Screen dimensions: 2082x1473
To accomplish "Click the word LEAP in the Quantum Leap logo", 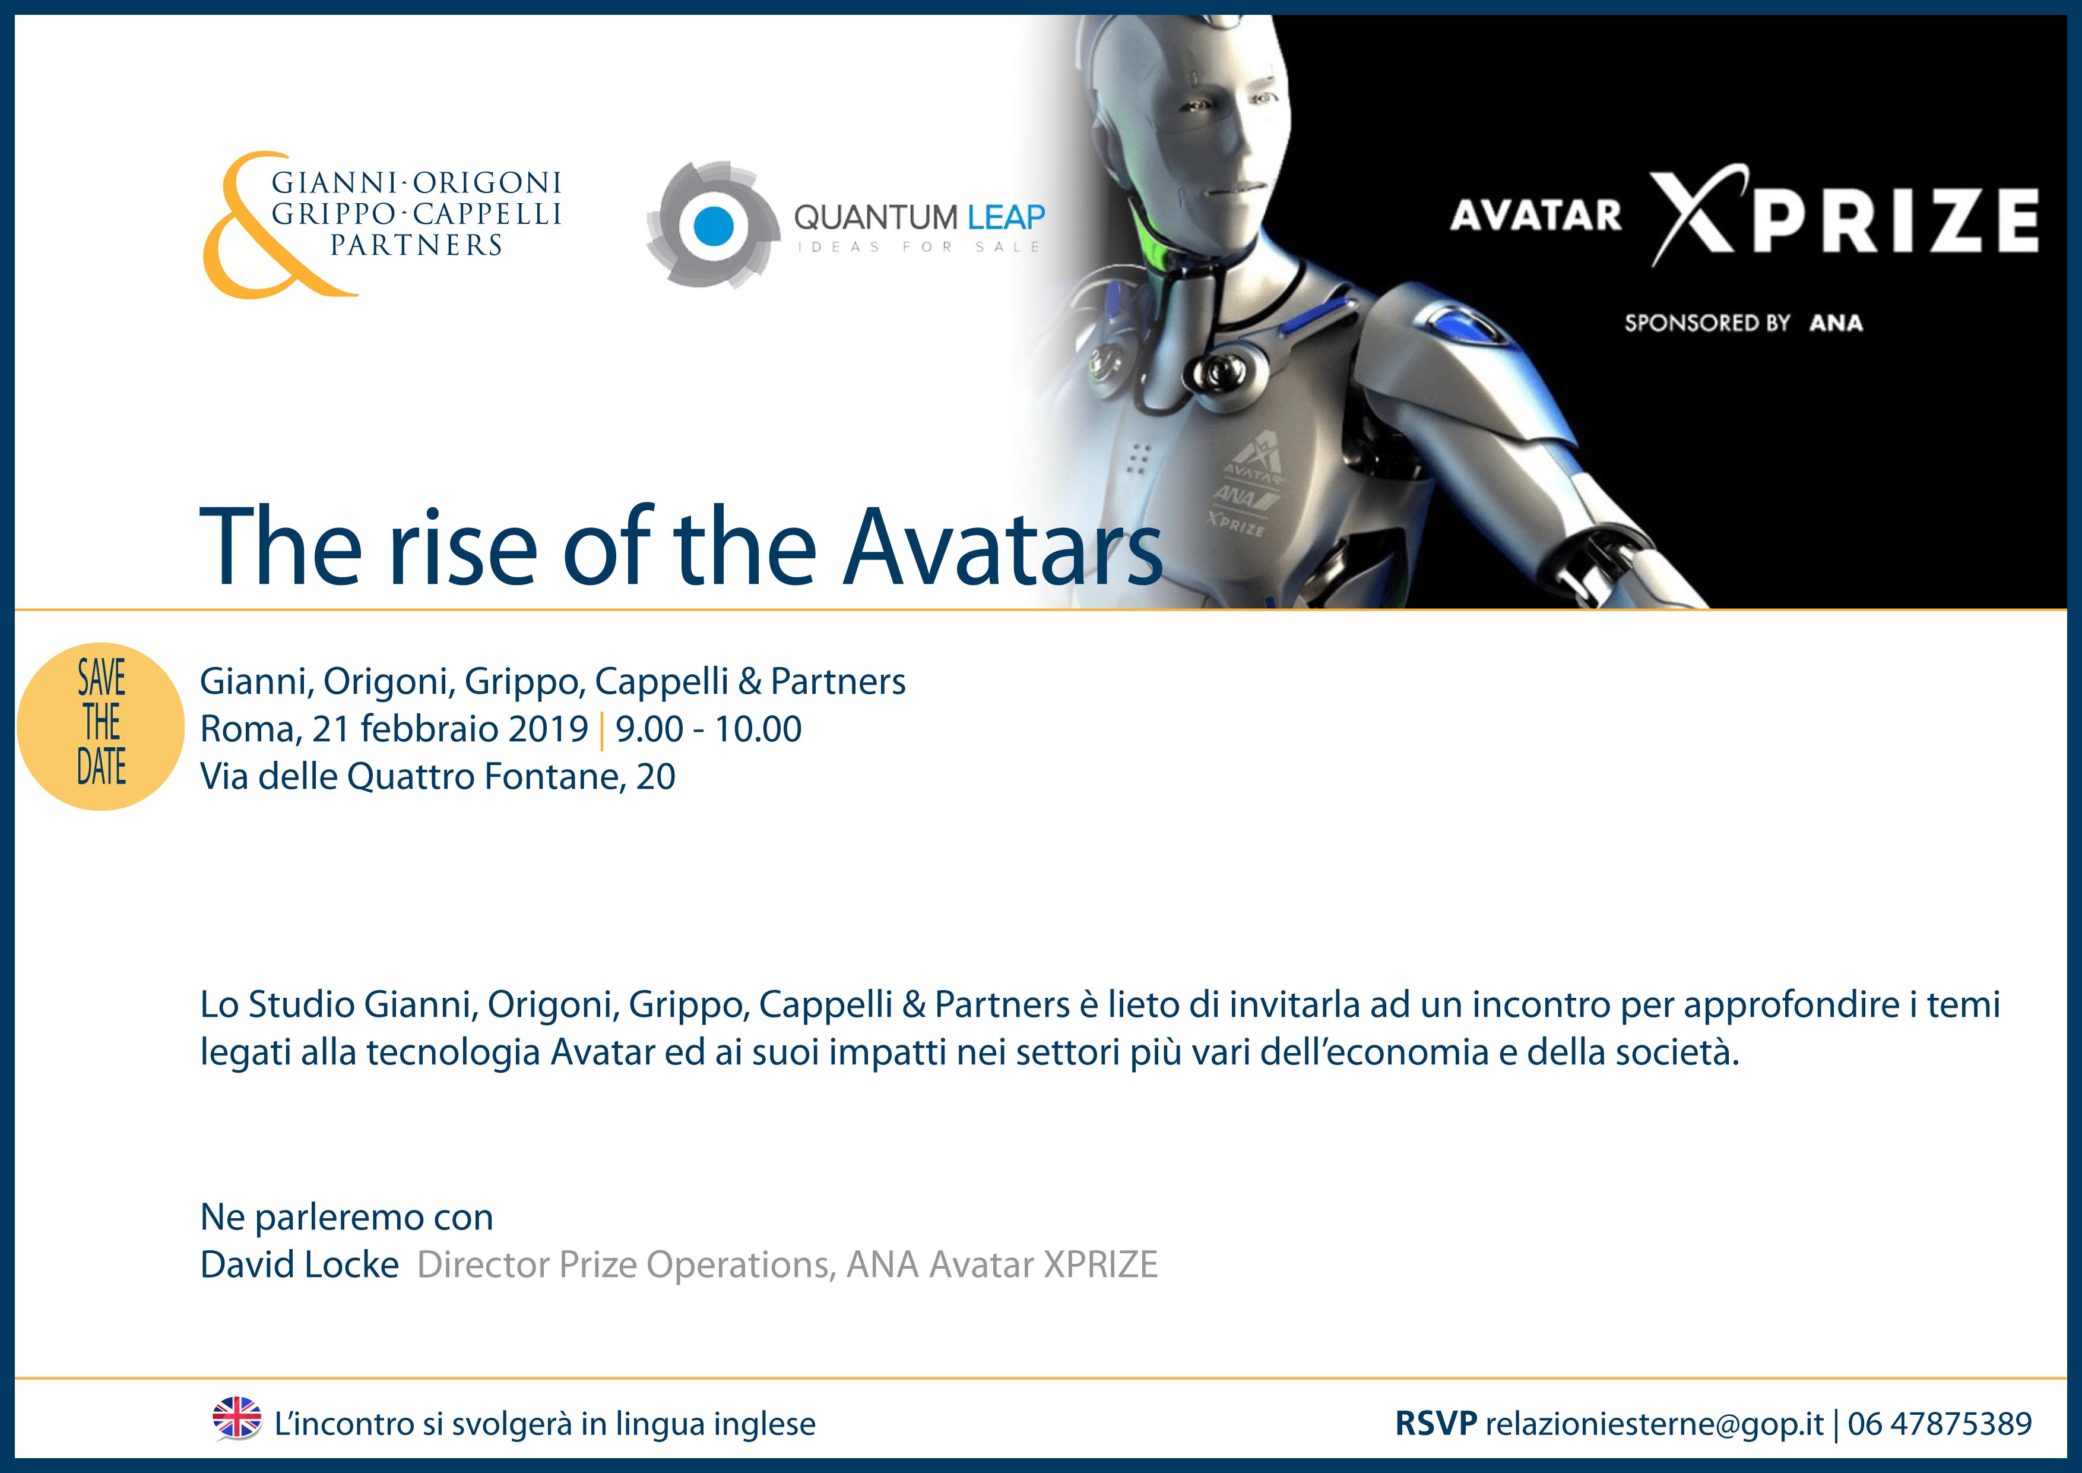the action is coord(1006,218).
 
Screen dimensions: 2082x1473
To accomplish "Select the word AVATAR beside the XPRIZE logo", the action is coord(1535,216).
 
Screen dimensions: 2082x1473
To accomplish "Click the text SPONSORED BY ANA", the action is coord(1743,323).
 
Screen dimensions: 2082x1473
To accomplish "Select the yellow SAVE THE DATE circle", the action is coord(101,726).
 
